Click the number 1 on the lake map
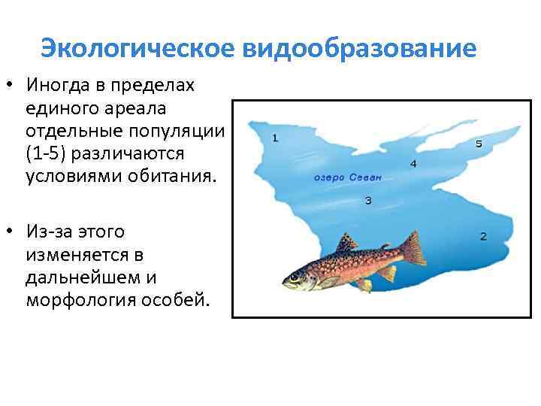tap(275, 138)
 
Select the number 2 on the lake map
tap(483, 236)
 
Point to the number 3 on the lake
tap(367, 200)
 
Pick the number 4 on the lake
tap(413, 163)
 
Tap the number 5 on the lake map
tap(479, 144)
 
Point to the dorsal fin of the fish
tap(346, 243)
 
